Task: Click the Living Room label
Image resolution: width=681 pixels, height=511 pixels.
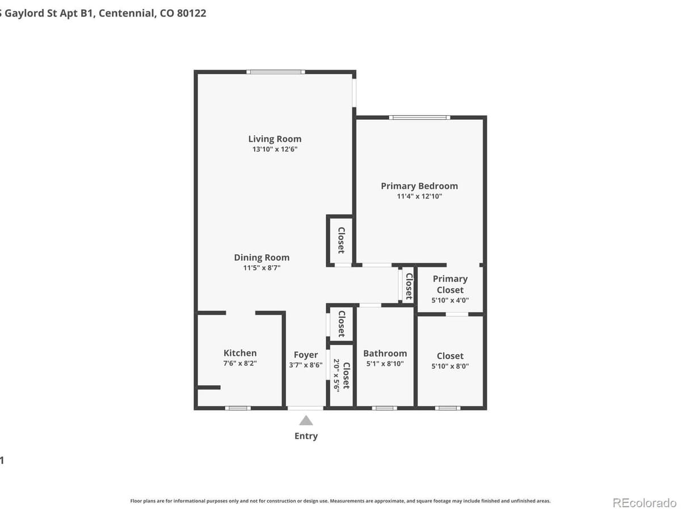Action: click(275, 139)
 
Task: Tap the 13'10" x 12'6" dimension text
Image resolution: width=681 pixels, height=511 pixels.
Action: click(275, 149)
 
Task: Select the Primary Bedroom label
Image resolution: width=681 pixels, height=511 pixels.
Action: click(419, 186)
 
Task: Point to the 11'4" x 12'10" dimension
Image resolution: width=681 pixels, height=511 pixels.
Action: click(419, 196)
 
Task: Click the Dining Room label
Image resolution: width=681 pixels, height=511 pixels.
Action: click(262, 257)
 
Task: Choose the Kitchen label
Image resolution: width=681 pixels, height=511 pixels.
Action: click(240, 353)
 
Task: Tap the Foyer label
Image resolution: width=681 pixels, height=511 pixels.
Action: click(306, 355)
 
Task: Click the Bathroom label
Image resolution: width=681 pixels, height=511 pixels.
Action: click(385, 353)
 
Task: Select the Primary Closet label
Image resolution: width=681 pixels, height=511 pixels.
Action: click(450, 284)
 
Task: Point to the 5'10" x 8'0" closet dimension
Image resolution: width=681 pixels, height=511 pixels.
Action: click(450, 366)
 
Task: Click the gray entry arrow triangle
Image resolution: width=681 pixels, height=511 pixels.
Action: click(306, 421)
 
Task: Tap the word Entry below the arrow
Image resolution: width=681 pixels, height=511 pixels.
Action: click(306, 436)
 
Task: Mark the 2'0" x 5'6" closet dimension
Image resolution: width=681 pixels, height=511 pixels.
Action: click(336, 375)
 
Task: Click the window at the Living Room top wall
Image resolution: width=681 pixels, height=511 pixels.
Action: click(276, 72)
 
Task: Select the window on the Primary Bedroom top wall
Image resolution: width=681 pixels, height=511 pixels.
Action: click(420, 118)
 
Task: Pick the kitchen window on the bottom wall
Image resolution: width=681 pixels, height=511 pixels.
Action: click(238, 408)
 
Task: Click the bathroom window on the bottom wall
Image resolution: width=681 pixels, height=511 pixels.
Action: click(384, 408)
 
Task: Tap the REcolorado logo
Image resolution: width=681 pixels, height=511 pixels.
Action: click(644, 502)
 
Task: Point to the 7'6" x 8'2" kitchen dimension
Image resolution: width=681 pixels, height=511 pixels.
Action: click(240, 363)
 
